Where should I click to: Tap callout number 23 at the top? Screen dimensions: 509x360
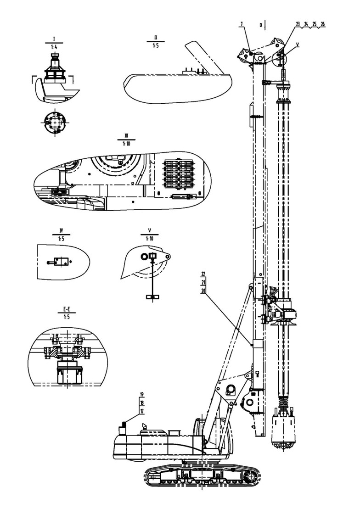click(x=298, y=24)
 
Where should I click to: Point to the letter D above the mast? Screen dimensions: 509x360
click(x=261, y=25)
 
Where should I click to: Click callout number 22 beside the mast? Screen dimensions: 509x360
click(x=203, y=274)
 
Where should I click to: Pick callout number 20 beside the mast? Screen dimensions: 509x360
click(x=203, y=291)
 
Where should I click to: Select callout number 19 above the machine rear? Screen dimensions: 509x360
click(x=142, y=394)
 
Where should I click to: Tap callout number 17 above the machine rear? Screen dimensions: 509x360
click(x=142, y=411)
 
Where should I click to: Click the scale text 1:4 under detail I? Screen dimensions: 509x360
click(x=54, y=47)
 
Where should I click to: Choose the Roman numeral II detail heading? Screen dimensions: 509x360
click(x=156, y=39)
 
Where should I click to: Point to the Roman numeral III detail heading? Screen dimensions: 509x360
click(x=126, y=136)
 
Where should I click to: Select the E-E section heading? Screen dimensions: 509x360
click(x=67, y=310)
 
